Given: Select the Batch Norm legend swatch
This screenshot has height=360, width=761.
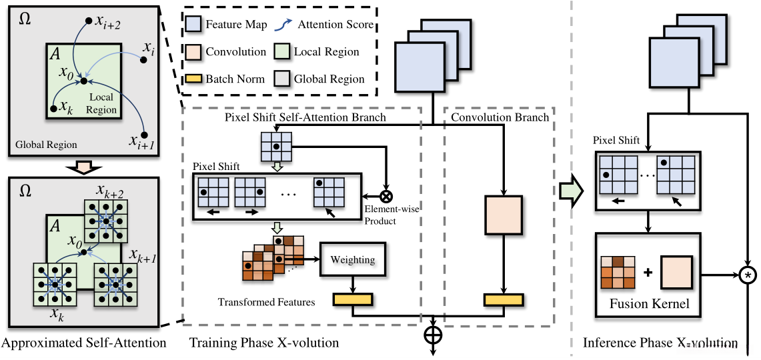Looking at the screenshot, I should [x=194, y=79].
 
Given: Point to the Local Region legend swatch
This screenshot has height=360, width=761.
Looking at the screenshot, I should [x=282, y=51].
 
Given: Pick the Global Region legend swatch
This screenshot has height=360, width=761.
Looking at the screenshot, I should [x=282, y=79].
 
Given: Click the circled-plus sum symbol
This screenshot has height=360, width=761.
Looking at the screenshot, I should [x=433, y=332].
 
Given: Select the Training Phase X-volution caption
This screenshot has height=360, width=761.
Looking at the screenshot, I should [x=264, y=343].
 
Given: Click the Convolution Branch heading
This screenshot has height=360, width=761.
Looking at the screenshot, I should [x=500, y=117].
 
